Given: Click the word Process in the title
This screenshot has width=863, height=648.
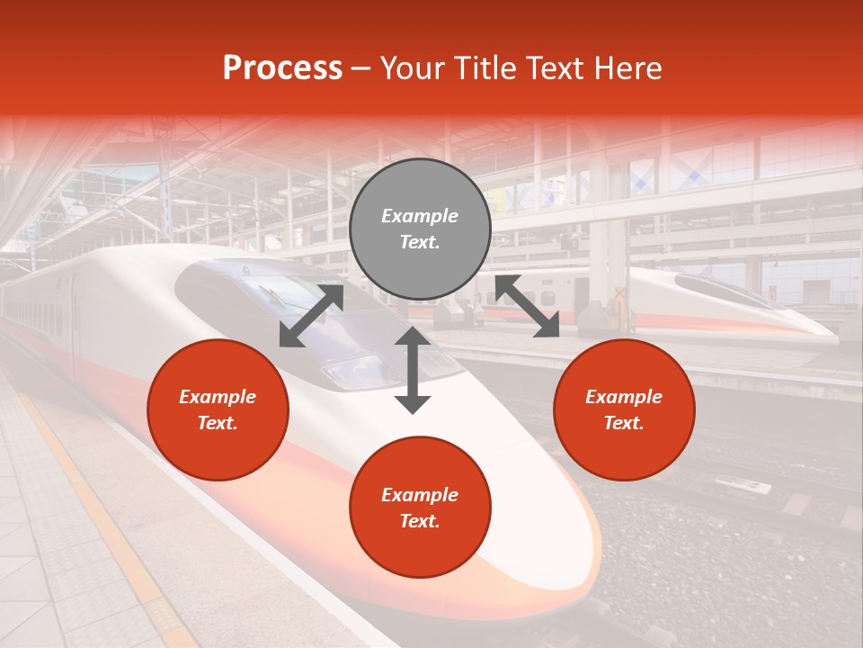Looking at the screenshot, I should point(282,68).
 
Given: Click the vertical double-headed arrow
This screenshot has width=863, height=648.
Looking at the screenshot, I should point(413,370).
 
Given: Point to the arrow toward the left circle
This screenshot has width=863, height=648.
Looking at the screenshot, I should point(311,316).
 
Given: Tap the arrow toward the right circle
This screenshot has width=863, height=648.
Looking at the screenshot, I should point(527,306).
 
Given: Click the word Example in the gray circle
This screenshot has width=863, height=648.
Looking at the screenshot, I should point(420,216).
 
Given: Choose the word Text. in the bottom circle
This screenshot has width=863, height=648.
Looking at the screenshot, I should point(420,521).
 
